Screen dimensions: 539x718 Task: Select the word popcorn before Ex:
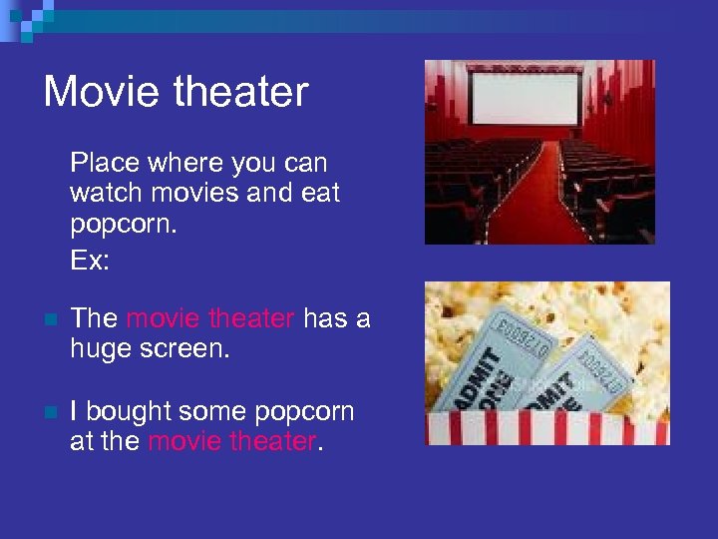[123, 225]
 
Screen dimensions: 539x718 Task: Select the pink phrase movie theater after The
[210, 318]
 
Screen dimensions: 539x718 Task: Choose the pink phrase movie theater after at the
[231, 441]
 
